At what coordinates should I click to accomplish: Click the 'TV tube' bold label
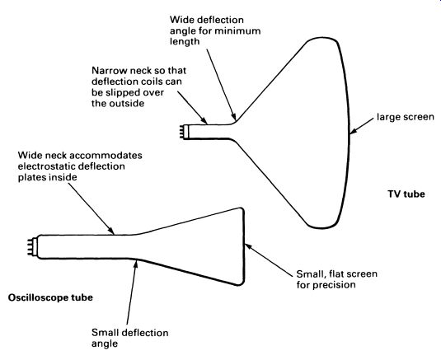click(406, 194)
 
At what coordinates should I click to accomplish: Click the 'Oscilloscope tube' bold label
click(50, 297)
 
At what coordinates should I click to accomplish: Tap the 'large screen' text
click(406, 117)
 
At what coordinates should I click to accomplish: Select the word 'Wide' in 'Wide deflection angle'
click(181, 20)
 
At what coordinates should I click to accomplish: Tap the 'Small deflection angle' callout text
click(130, 338)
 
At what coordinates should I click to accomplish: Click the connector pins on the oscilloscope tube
click(31, 247)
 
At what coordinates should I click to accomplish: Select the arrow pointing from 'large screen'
click(364, 125)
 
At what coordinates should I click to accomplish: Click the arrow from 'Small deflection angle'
click(132, 292)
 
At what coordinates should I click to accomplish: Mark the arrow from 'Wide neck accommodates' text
click(91, 208)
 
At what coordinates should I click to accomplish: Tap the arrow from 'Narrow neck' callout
click(192, 107)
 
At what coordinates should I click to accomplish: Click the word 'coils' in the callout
click(148, 82)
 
